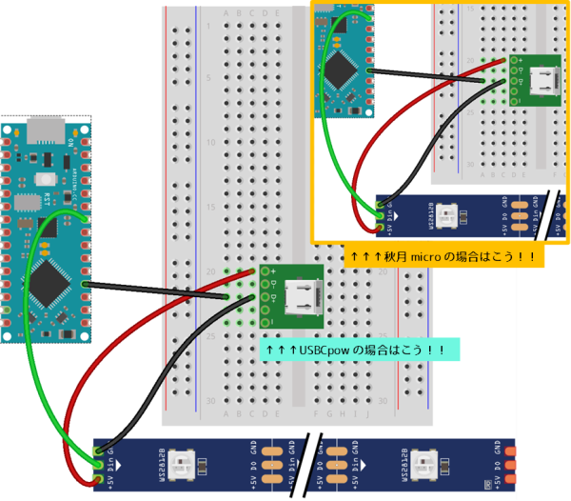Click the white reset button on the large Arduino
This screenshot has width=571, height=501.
click(44, 179)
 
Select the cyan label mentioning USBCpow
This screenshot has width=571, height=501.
click(356, 350)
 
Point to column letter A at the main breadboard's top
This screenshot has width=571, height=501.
click(226, 13)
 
